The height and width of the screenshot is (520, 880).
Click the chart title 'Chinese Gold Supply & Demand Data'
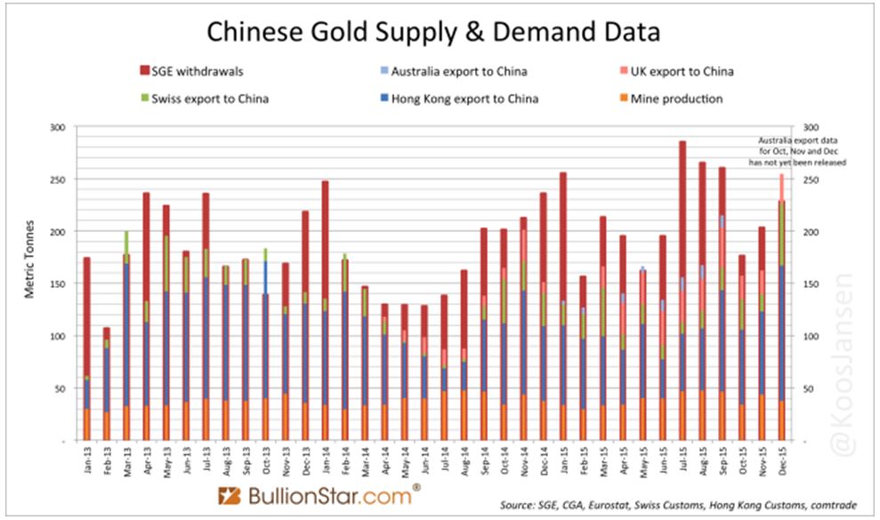point(433,33)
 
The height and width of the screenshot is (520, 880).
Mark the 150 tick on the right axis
point(810,284)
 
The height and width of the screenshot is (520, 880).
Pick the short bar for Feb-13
point(107,383)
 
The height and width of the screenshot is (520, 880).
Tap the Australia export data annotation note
point(801,152)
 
